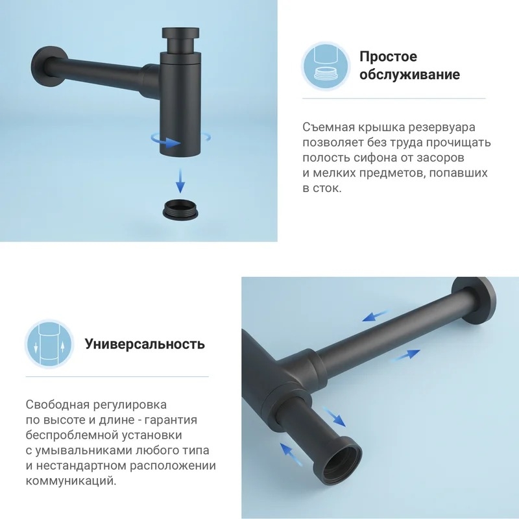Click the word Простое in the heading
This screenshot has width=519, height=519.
coord(388,56)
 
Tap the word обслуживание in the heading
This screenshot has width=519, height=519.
coord(410,74)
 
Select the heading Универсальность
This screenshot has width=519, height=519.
coord(145,344)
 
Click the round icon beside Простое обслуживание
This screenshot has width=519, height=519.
coord(326,66)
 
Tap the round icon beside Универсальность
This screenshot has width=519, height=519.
coord(49,344)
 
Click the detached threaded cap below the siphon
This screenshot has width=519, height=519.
coord(180,209)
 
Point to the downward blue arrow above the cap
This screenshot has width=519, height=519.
coord(180,181)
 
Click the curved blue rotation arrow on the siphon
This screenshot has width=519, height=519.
coord(165,141)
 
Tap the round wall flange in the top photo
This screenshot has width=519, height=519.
coord(47,67)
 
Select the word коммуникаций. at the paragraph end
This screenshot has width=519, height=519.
coord(71,481)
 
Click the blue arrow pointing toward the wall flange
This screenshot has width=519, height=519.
coord(405,356)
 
